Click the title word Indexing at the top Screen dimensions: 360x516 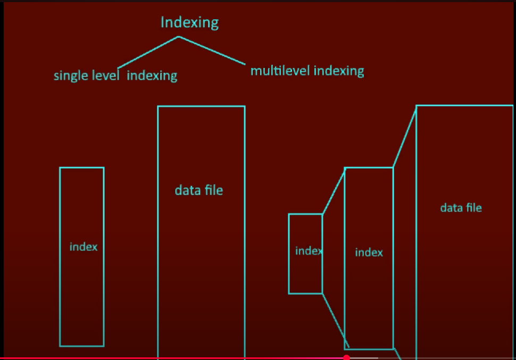tap(189, 23)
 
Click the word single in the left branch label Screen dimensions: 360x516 tap(70, 76)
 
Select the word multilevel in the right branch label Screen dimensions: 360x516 tap(280, 71)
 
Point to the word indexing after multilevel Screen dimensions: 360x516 tap(338, 71)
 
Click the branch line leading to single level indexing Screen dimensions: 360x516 tap(148, 52)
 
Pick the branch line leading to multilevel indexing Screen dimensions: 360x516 tap(212, 51)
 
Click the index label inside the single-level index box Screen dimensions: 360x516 tap(84, 247)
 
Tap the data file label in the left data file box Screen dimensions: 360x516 tap(199, 190)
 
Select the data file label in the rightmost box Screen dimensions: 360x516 tap(461, 207)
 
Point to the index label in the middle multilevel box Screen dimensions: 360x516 tap(369, 253)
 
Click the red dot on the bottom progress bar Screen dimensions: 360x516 tap(346, 358)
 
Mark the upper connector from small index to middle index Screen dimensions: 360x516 tap(334, 191)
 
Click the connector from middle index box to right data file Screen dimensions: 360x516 tap(404, 137)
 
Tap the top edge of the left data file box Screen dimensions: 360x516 tap(201, 106)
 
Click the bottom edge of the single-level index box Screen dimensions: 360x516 tap(82, 346)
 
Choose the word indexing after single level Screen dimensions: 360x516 tap(152, 76)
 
